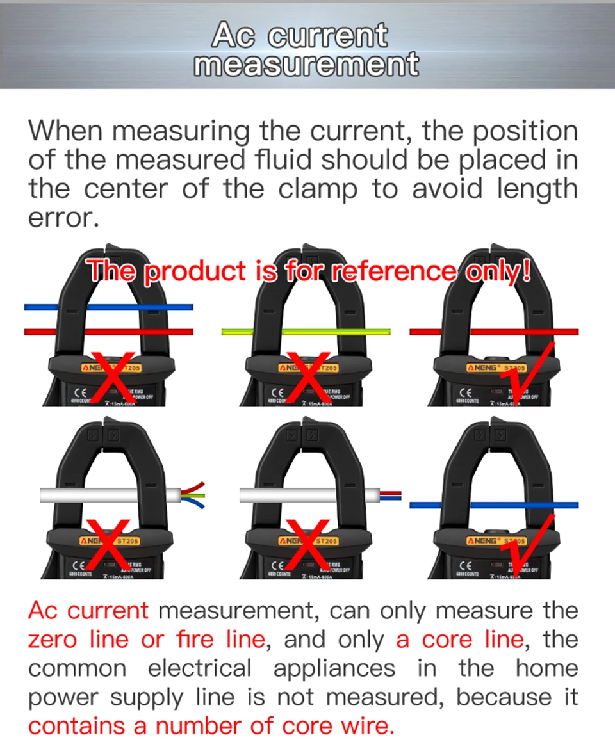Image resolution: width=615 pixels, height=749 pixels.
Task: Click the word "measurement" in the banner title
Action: pyautogui.click(x=306, y=65)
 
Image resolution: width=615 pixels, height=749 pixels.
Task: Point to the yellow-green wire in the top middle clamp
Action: pyautogui.click(x=306, y=332)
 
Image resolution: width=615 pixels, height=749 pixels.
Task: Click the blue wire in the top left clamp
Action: pyautogui.click(x=108, y=307)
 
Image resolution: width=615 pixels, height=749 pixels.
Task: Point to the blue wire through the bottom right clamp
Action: pyautogui.click(x=494, y=504)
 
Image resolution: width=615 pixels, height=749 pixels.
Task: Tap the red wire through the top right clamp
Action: pyautogui.click(x=494, y=332)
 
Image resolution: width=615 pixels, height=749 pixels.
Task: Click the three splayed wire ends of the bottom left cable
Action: pyautogui.click(x=193, y=495)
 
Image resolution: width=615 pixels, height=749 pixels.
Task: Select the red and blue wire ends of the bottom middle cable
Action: pyautogui.click(x=391, y=495)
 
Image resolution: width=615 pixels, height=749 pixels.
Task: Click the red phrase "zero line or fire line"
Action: pyautogui.click(x=147, y=640)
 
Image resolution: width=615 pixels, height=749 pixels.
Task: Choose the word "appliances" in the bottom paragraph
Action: pyautogui.click(x=334, y=669)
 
